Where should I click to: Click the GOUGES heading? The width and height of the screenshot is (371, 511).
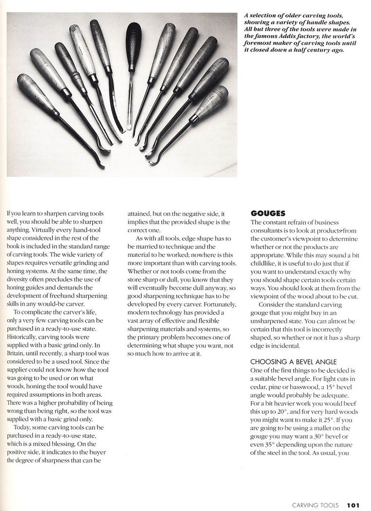click(x=268, y=213)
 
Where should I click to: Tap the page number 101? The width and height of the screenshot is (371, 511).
click(x=353, y=505)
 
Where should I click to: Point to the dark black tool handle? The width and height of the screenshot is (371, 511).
click(x=133, y=46)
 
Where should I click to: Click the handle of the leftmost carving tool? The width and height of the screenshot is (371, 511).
click(x=37, y=93)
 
